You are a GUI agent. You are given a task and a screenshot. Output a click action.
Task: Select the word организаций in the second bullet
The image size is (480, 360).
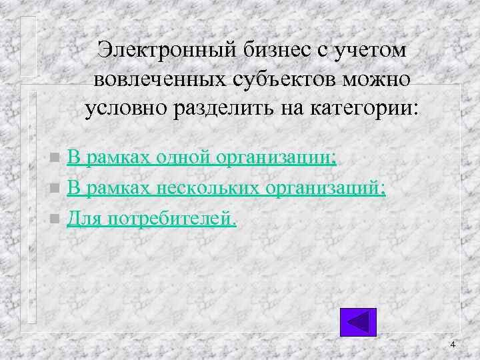326,189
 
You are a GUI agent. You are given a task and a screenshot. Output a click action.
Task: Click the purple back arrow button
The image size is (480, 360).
358,322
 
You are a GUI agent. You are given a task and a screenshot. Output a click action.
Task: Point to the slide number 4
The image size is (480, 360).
453,345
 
